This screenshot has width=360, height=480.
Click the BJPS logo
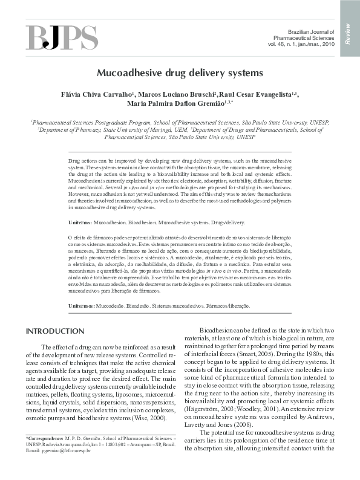62,38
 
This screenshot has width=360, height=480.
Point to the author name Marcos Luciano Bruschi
175,95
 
